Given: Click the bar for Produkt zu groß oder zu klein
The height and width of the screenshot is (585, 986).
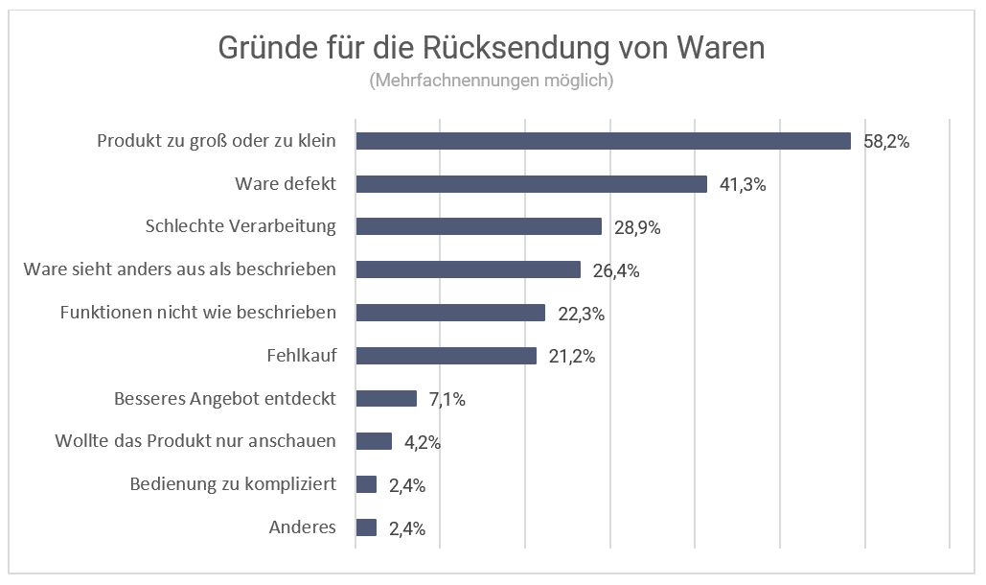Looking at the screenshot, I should (603, 141).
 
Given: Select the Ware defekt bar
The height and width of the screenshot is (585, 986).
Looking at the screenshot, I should (531, 184).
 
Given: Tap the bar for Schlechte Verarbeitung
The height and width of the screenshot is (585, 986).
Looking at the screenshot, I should (478, 226).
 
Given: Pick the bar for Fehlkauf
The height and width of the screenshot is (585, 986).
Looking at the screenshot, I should (446, 356).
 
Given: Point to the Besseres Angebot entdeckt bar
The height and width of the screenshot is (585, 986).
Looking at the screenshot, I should (386, 399).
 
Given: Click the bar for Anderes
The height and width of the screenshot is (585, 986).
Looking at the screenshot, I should (366, 527).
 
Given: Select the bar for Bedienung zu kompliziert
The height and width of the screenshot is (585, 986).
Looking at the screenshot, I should (366, 484).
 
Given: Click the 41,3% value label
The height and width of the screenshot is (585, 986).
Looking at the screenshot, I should (743, 185).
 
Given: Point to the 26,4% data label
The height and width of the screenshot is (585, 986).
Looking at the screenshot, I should (615, 270).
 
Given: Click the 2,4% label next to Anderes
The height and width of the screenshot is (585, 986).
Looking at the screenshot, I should (406, 528).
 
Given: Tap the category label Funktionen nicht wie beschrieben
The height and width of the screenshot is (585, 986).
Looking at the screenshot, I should (197, 313).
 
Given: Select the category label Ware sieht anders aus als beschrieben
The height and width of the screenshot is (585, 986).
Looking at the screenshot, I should (179, 269).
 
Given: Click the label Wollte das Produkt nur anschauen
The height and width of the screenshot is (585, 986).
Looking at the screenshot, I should (195, 441).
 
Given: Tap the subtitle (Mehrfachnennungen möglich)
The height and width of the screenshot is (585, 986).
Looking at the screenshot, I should (491, 81).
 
